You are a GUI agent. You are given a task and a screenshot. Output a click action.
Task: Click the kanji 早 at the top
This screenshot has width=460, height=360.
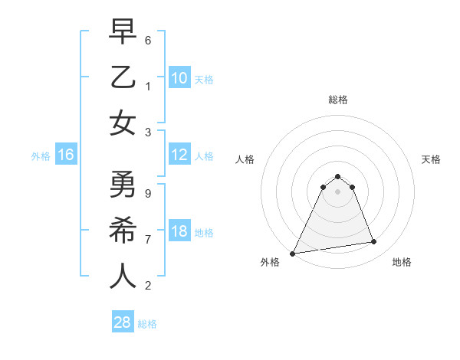[123, 31]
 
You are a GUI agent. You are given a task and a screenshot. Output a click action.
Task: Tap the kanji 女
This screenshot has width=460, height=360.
[123, 123]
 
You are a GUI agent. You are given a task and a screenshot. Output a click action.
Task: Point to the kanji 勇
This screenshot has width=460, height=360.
[123, 185]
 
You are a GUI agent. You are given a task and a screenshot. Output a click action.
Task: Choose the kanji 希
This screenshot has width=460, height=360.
[123, 231]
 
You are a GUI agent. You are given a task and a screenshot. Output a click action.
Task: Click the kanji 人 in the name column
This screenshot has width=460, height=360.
[123, 277]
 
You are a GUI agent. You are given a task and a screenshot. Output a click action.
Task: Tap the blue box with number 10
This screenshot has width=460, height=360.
[179, 77]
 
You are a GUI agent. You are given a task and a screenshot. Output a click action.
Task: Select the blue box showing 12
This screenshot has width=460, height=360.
[179, 155]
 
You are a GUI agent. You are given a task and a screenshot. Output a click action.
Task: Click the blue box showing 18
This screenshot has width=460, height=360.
[179, 231]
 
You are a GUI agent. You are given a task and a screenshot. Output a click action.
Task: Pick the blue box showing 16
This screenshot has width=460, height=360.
[66, 155]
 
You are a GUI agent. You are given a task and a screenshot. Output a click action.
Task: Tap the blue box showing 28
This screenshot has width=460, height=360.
[123, 322]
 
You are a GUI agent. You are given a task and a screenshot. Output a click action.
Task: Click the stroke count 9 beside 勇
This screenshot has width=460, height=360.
[148, 194]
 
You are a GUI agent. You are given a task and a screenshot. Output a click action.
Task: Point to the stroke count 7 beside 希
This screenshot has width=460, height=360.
[148, 240]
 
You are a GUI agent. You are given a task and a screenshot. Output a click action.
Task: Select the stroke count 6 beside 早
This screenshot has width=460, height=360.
[148, 40]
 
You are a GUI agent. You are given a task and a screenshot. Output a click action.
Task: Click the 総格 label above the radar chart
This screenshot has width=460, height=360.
[338, 100]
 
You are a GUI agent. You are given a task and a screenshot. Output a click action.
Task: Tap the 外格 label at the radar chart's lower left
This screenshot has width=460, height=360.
[270, 262]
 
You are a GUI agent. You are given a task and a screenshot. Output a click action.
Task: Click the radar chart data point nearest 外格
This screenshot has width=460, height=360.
[293, 254]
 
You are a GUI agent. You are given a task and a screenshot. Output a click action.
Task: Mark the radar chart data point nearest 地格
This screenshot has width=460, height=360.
[374, 242]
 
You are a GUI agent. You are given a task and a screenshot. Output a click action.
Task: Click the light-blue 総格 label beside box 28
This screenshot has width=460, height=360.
[147, 324]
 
